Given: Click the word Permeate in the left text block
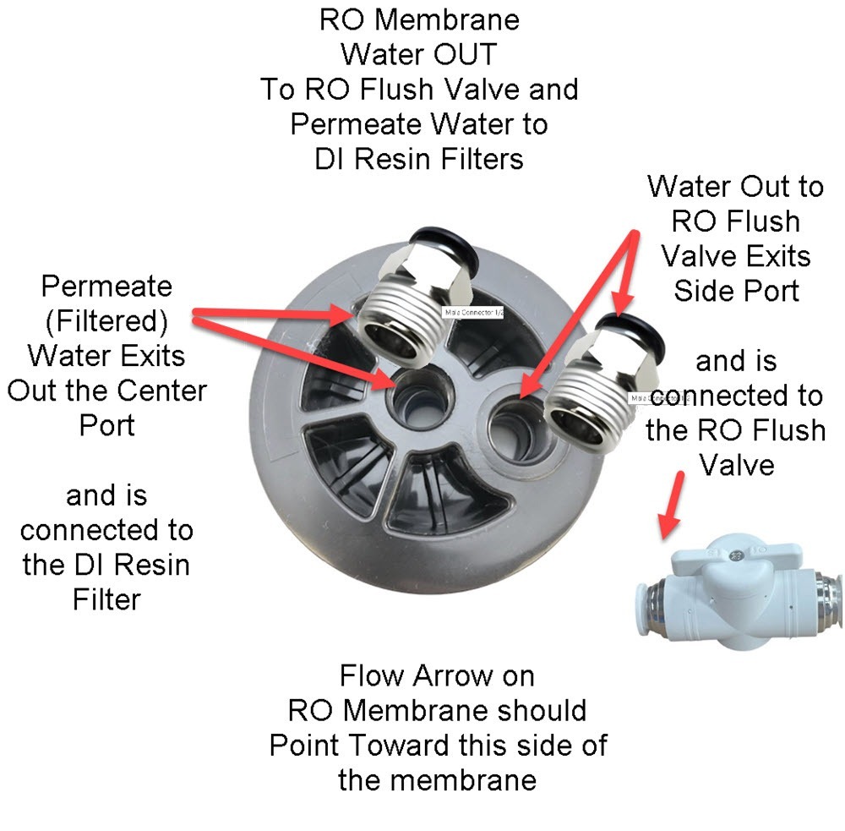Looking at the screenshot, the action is click(x=106, y=286).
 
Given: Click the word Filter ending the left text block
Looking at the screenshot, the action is click(x=106, y=599).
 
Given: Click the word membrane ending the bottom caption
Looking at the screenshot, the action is click(x=437, y=779).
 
